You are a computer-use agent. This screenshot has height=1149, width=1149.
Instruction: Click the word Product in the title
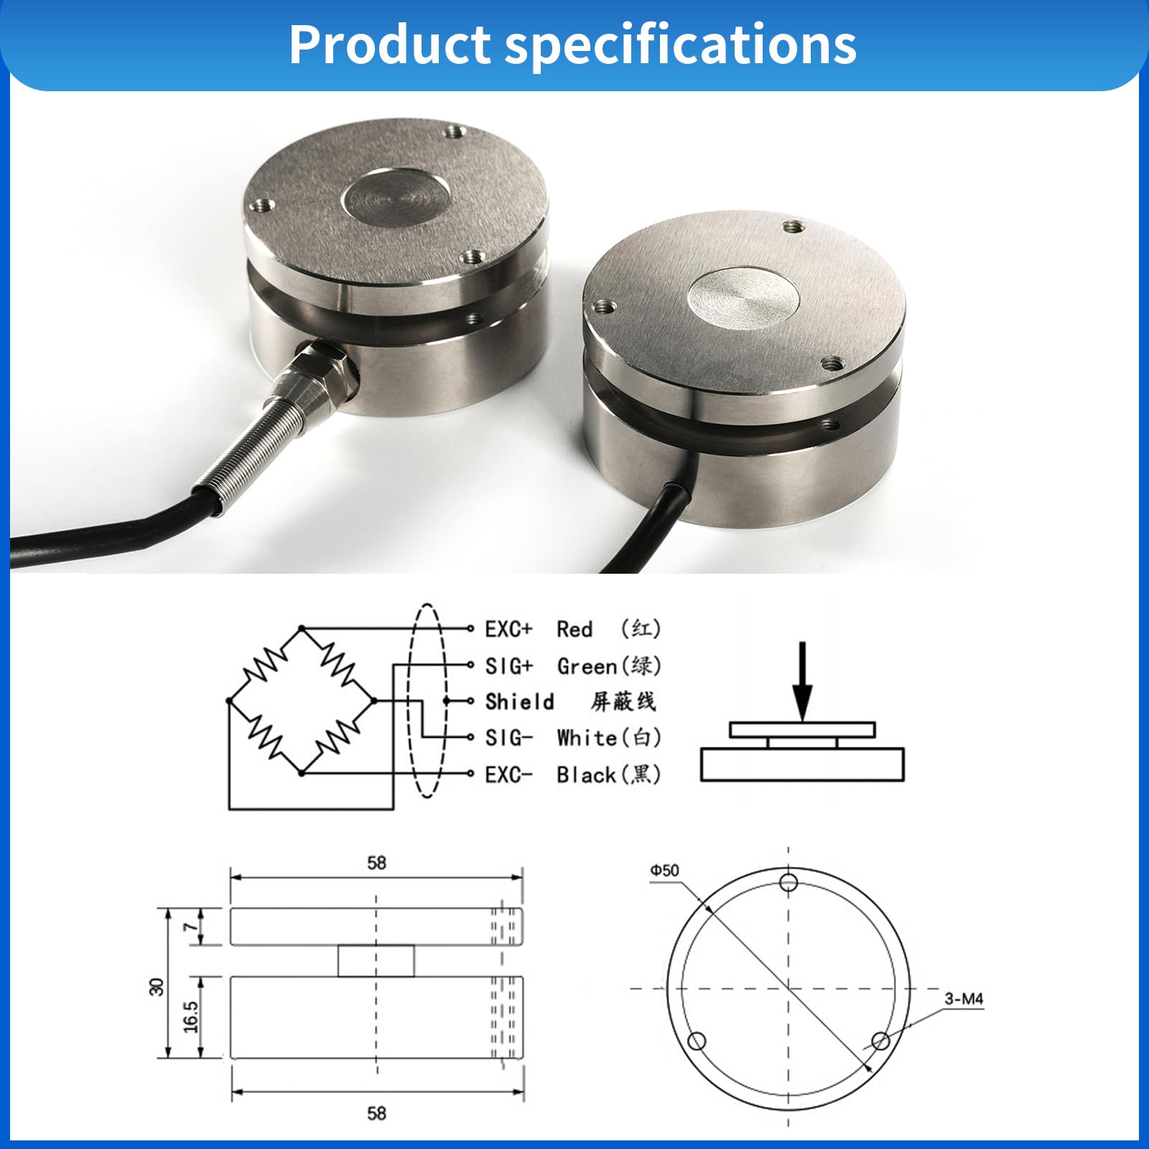(389, 45)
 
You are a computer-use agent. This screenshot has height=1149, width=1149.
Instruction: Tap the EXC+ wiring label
(508, 629)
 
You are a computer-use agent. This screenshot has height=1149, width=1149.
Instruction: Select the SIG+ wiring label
(508, 666)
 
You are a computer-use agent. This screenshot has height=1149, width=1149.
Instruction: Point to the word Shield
(519, 702)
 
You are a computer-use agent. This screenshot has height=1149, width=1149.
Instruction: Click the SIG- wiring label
(508, 738)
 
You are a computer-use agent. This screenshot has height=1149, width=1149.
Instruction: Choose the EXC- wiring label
(508, 775)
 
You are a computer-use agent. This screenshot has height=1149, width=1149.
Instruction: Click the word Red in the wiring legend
(574, 629)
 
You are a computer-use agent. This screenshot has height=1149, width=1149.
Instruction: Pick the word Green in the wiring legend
(587, 666)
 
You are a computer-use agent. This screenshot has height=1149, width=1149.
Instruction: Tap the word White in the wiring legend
(587, 738)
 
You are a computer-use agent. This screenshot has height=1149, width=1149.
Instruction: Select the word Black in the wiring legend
(587, 775)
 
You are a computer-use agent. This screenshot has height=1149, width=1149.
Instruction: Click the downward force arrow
(803, 681)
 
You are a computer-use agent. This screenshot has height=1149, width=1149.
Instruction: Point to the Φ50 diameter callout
(664, 870)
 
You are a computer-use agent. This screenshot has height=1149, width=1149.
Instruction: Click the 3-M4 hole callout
(964, 999)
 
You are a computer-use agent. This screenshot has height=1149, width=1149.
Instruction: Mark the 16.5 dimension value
(190, 1017)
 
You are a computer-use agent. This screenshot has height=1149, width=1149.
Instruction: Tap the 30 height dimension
(157, 987)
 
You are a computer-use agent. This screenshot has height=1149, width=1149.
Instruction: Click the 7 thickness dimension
(190, 927)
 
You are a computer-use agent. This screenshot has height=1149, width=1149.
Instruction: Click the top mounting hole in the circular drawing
(789, 882)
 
